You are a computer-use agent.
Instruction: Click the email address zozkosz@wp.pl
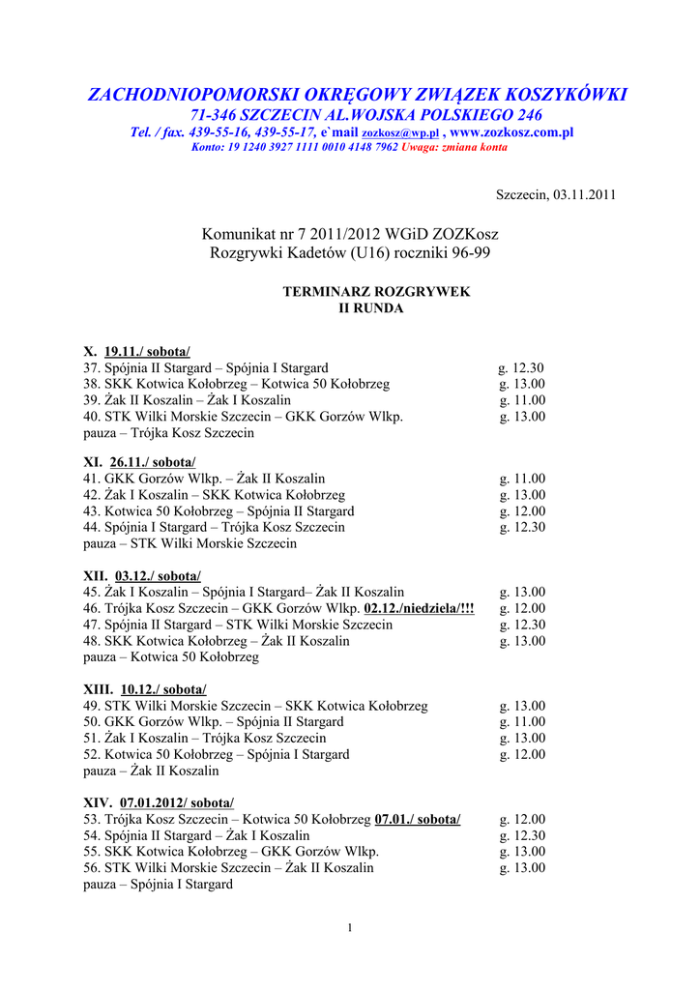tap(400, 133)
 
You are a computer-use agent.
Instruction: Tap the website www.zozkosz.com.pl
tap(512, 132)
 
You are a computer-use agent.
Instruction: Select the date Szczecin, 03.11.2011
tap(556, 194)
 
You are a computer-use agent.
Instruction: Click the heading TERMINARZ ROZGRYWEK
tap(376, 292)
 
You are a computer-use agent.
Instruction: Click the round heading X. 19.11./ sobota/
tap(137, 352)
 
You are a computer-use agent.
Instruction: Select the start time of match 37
tap(522, 368)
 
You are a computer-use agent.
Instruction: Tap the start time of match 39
tap(522, 400)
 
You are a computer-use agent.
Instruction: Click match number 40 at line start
tap(93, 417)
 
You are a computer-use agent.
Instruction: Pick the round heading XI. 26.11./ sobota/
tap(139, 462)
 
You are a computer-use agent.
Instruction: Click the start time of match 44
tap(522, 528)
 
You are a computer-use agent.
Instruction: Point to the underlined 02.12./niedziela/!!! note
tap(420, 608)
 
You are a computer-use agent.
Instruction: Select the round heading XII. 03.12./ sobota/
tap(142, 575)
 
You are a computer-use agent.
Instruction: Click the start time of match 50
tap(522, 722)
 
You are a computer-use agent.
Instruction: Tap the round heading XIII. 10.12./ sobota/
tap(145, 689)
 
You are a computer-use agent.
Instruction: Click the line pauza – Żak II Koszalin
tap(151, 772)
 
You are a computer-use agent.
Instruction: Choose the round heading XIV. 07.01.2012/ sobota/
tap(159, 803)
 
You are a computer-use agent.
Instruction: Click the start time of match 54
tap(522, 836)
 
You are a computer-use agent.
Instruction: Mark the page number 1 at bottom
tap(349, 929)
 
